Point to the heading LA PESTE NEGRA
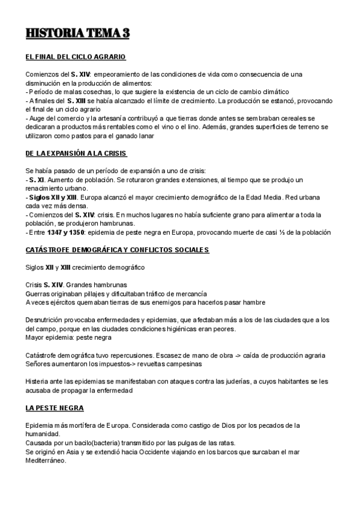coord(55,408)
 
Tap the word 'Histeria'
coord(39,381)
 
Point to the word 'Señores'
coord(40,364)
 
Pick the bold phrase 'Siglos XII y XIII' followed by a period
coord(55,197)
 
